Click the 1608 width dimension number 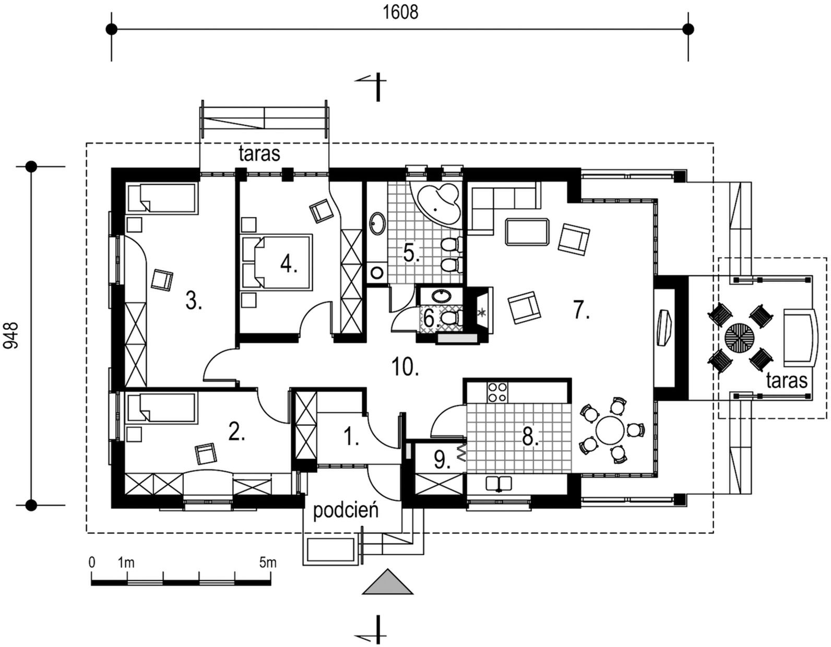tap(400, 12)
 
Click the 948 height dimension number tap(11, 335)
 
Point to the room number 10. tap(405, 367)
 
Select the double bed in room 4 tap(277, 260)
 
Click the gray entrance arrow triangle tap(387, 582)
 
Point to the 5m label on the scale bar tap(267, 562)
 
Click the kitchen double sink tap(500, 483)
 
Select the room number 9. tap(441, 460)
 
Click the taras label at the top tap(259, 154)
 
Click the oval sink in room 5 tap(377, 223)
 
